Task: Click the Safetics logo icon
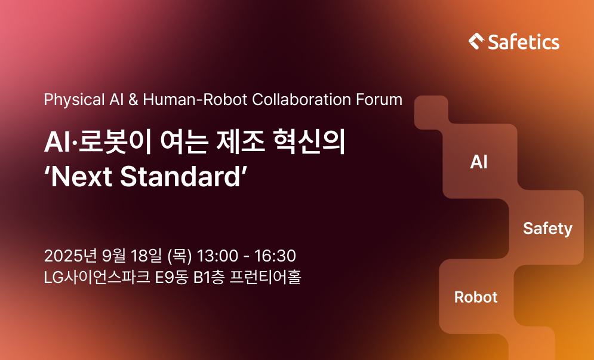tap(476, 41)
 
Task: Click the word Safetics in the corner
tap(524, 42)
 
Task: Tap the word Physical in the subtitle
tap(74, 100)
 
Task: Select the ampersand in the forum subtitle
tap(133, 100)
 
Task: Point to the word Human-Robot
tap(195, 100)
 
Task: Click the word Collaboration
tap(301, 100)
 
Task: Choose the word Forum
tap(379, 100)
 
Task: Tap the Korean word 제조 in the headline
tap(241, 142)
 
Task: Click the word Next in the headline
tap(81, 177)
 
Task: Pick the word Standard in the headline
tap(181, 177)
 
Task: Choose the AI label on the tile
tap(479, 162)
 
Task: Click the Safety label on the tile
tap(548, 229)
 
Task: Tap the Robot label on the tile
tap(476, 297)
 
